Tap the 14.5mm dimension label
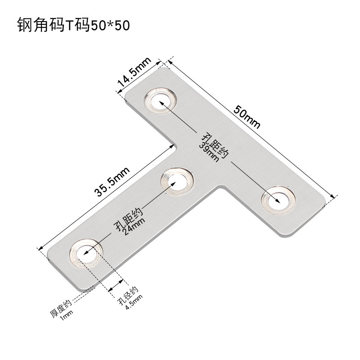pos(134,74)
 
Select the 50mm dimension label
pos(246,118)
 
